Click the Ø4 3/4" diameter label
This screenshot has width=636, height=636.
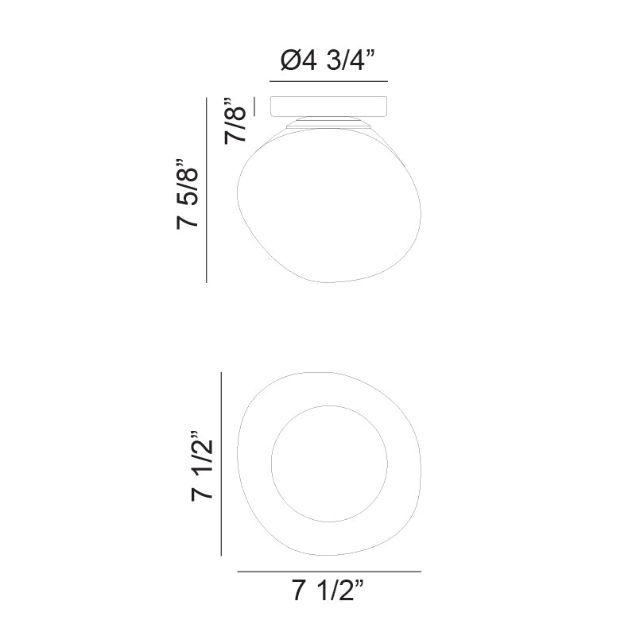click(328, 62)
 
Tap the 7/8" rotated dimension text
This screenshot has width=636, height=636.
click(236, 121)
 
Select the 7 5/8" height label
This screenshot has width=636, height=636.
click(188, 193)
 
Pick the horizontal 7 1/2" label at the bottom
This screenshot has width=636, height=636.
click(328, 591)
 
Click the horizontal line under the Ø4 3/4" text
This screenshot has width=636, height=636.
click(328, 81)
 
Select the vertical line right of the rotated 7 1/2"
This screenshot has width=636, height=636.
click(222, 466)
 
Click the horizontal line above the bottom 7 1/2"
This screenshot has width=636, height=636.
click(328, 572)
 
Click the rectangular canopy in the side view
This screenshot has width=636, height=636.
click(328, 107)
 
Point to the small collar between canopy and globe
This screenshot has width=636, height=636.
click(328, 122)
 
